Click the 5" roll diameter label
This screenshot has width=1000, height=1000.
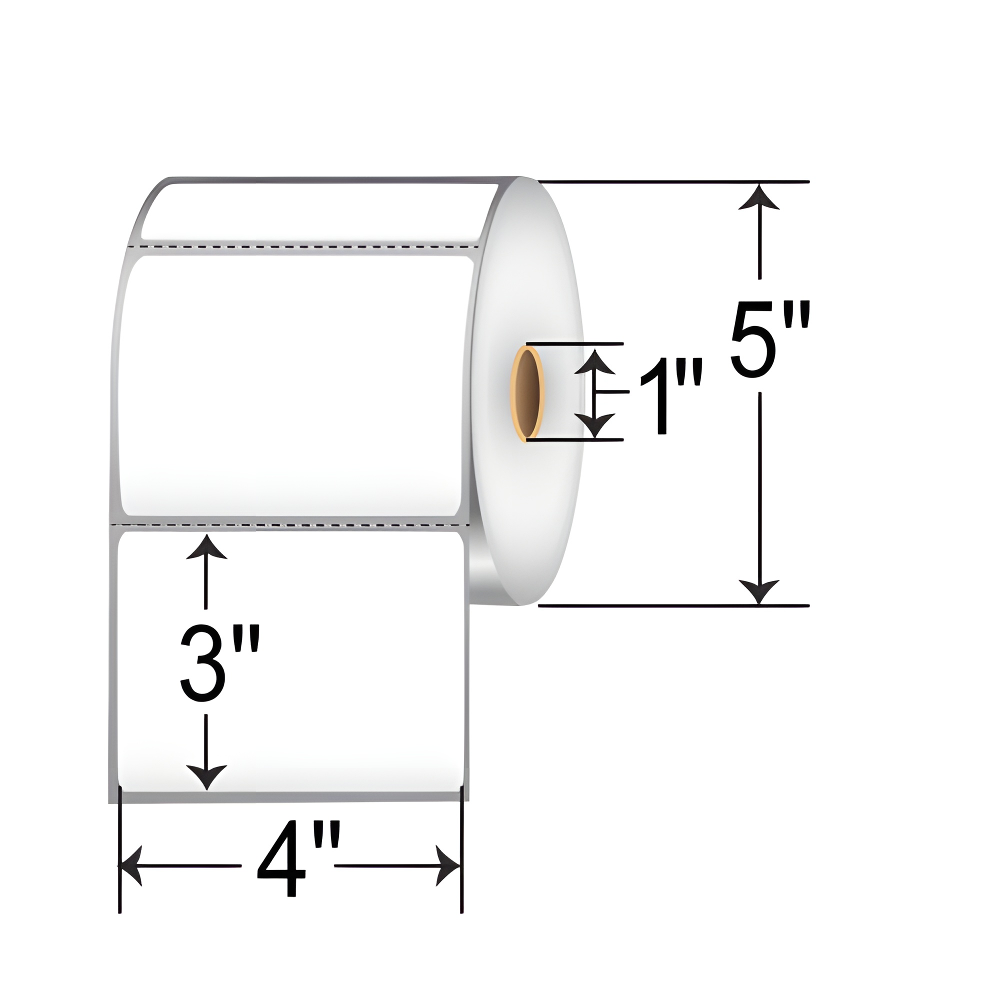(x=769, y=342)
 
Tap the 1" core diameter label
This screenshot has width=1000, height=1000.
(x=671, y=398)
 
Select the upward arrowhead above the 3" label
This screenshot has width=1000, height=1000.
(x=206, y=547)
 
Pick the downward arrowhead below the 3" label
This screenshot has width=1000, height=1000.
(x=206, y=776)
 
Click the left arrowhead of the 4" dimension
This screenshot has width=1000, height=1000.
(x=131, y=865)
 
